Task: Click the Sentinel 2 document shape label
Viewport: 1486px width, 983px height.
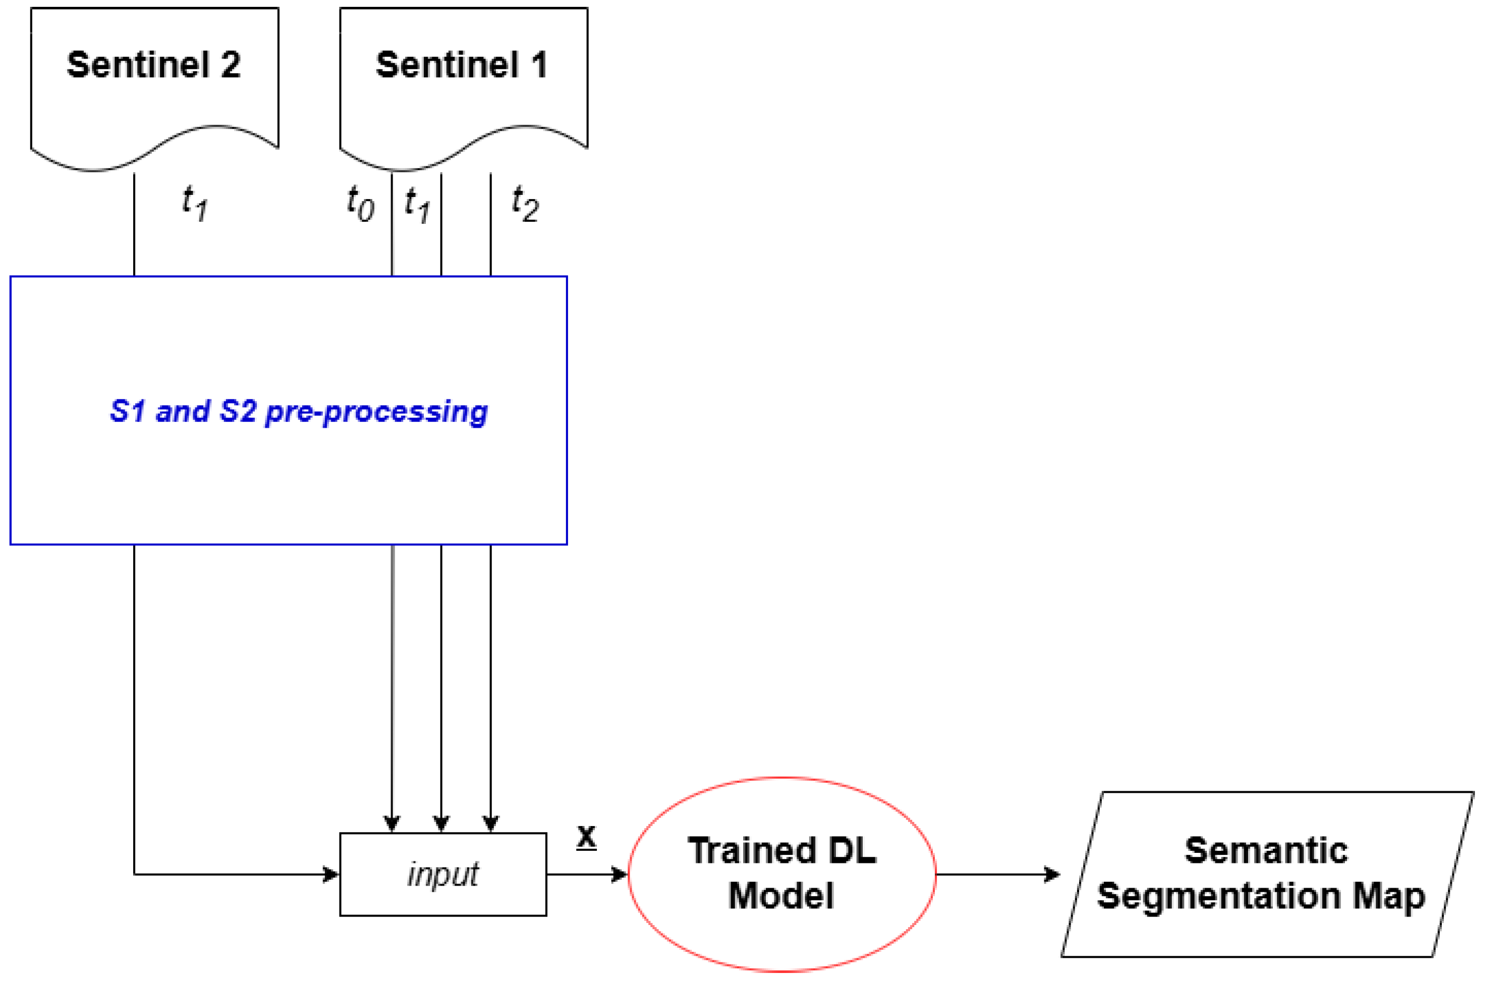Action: click(x=154, y=65)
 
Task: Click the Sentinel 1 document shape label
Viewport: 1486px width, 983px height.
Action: click(x=462, y=65)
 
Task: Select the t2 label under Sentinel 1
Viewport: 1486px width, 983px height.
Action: click(x=525, y=204)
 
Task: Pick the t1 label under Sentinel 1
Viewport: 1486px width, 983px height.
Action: click(x=417, y=204)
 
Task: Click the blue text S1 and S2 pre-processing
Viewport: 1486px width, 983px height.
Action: click(x=298, y=412)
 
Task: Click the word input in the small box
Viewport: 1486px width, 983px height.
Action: click(x=443, y=874)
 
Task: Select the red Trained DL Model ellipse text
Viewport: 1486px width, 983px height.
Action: click(x=781, y=873)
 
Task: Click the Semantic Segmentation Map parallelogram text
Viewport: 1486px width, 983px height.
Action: click(x=1265, y=873)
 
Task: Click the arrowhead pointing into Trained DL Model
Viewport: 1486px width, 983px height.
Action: click(x=620, y=874)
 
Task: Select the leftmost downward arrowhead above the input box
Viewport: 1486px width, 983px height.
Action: click(x=392, y=823)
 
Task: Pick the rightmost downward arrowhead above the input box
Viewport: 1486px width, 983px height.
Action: click(x=491, y=823)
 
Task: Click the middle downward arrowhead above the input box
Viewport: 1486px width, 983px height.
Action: click(x=441, y=823)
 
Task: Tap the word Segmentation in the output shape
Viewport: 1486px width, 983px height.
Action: click(x=1220, y=897)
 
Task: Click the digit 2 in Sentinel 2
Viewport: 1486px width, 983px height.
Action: click(x=231, y=65)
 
